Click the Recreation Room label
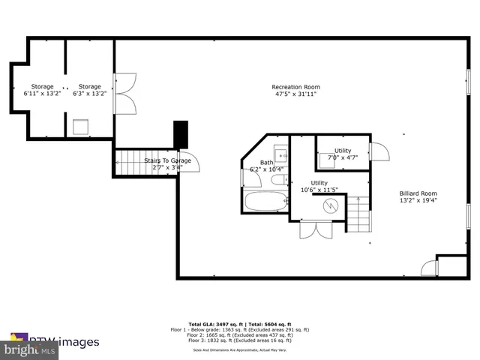(x=296, y=87)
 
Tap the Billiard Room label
(x=418, y=193)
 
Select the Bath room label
(x=267, y=162)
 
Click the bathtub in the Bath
(x=265, y=202)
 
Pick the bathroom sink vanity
(x=280, y=155)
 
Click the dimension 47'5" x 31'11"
(x=296, y=94)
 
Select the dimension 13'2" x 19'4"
(x=418, y=200)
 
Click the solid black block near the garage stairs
(x=180, y=134)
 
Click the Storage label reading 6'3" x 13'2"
(x=90, y=87)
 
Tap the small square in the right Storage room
(x=81, y=126)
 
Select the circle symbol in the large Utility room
(x=330, y=205)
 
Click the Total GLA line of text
(x=240, y=323)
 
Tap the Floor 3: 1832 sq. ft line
(x=240, y=340)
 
